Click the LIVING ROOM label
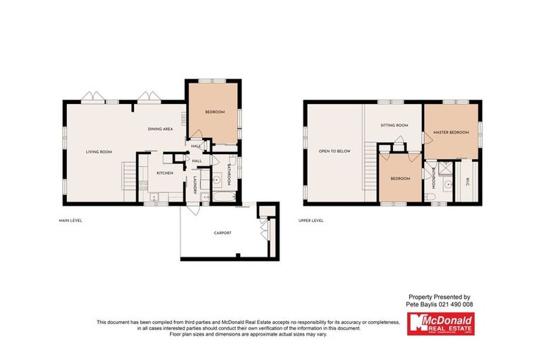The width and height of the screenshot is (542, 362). pos(100,151)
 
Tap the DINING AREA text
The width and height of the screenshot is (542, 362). pos(160,129)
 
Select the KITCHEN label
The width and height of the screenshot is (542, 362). pos(164,173)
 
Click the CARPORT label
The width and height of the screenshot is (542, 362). pos(222,233)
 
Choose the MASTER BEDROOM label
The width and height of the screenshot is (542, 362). pos(451,132)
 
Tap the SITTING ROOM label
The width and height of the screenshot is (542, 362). pos(395,125)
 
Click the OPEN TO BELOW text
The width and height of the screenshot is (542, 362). pos(335,151)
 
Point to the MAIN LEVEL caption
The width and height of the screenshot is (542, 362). pos(71,220)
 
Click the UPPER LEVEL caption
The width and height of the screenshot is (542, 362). pos(311,220)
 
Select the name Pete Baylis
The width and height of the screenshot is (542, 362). pos(420,304)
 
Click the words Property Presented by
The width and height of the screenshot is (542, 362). pos(439,297)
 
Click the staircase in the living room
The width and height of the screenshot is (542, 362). pos(128,174)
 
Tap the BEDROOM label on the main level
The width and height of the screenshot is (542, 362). pos(215,112)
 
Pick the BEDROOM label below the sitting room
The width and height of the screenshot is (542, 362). pos(401,178)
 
